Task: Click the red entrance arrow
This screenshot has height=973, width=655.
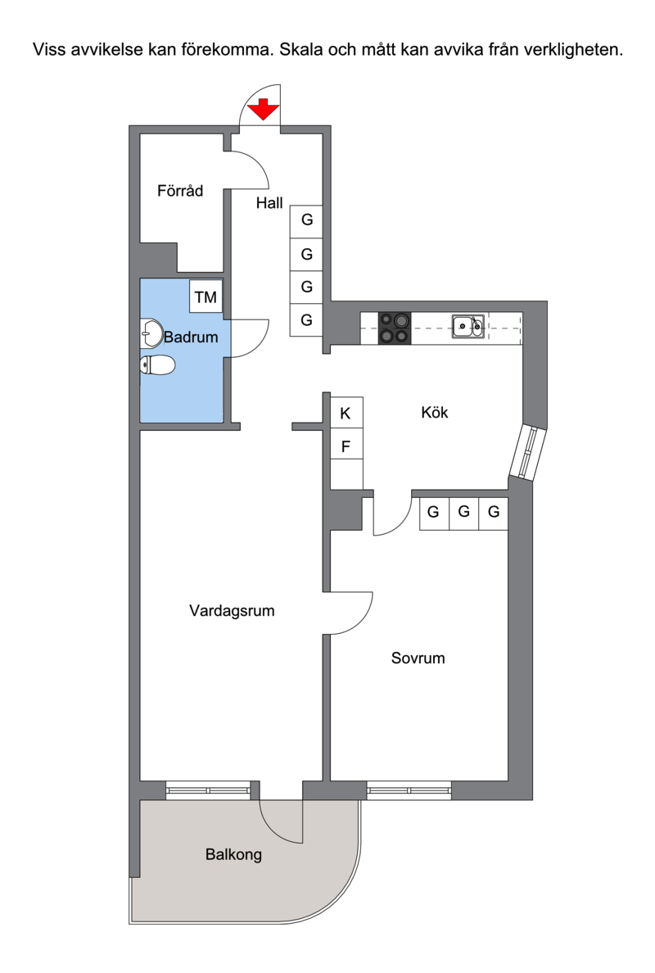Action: tap(264, 109)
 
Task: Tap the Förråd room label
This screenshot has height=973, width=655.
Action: tap(180, 191)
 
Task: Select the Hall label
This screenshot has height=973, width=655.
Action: tap(269, 203)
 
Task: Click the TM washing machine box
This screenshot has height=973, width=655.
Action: tap(206, 296)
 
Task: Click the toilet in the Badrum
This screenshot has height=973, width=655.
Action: tap(157, 365)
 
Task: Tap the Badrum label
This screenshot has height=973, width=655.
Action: tap(191, 337)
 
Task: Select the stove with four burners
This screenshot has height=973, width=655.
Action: tap(395, 328)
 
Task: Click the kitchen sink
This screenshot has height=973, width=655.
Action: tap(468, 327)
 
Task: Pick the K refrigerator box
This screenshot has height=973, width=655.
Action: tap(346, 413)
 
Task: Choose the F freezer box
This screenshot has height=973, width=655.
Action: tap(346, 446)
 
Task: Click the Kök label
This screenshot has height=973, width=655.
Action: tap(434, 413)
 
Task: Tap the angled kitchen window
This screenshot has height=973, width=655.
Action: tap(528, 452)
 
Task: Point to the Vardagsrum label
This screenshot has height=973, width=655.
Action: tap(232, 611)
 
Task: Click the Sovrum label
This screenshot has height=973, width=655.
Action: tap(418, 658)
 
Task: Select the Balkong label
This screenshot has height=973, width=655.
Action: tap(234, 854)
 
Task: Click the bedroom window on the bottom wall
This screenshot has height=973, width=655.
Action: tap(409, 790)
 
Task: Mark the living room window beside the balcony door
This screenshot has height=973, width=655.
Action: tap(209, 790)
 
